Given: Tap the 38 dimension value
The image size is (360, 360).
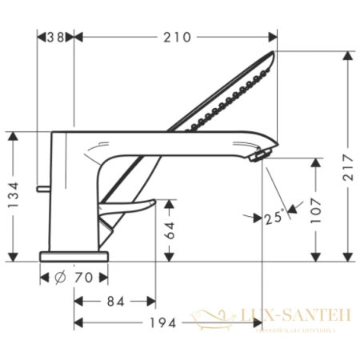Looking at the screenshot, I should tap(55, 37).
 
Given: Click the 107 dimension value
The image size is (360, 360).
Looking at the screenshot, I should tap(318, 209).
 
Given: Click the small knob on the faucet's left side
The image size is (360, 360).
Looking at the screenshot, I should tap(42, 188).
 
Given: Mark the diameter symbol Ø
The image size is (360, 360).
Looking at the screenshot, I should tap(62, 278).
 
